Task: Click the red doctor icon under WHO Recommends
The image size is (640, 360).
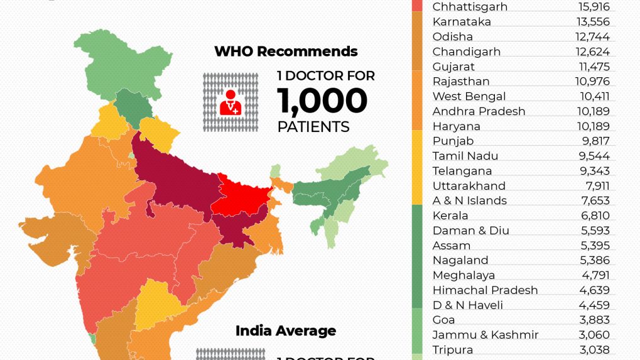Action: pos(230,102)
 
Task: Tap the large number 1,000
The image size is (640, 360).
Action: pos(322,101)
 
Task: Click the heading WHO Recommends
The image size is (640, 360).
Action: pos(286,52)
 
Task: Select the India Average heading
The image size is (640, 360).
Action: pos(286,331)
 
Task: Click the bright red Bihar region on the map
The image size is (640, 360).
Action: pos(242,198)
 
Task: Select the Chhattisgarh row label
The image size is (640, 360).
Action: pos(470,7)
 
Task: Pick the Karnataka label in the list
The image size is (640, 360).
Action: pos(462,22)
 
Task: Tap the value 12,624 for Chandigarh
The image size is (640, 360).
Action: pos(594,52)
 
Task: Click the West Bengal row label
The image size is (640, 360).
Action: pos(469,96)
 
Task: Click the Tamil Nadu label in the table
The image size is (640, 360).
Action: pos(464,156)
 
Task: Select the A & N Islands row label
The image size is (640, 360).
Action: pos(469,200)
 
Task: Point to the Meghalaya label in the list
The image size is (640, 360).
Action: pos(464,275)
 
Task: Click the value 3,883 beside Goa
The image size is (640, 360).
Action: pos(595,320)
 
